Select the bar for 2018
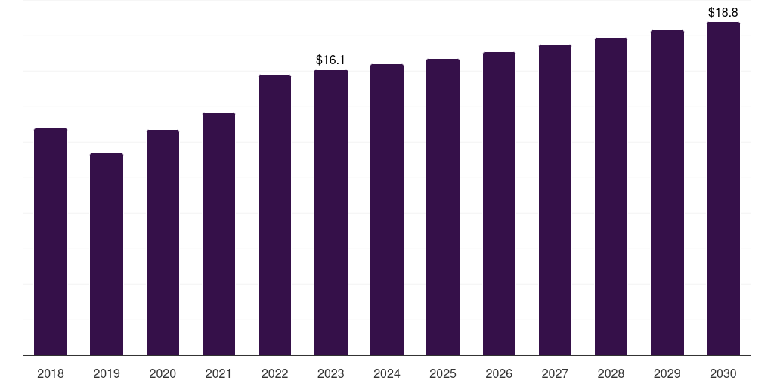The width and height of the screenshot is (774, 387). [x=51, y=242]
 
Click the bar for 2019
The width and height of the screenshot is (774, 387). [x=107, y=254]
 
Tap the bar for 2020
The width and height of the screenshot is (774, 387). [x=163, y=243]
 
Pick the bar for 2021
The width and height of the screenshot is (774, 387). [x=218, y=234]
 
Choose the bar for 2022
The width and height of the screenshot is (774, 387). [x=274, y=215]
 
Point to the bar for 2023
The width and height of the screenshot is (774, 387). [x=331, y=212]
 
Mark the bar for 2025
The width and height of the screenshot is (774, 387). [x=443, y=207]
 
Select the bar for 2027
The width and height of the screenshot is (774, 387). [x=555, y=200]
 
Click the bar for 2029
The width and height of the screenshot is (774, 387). [x=667, y=193]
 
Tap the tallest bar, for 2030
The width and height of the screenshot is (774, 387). [x=723, y=188]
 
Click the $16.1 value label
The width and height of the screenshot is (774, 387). [x=331, y=60]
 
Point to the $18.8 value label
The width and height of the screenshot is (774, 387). [x=723, y=12]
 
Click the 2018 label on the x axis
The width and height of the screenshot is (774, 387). [x=51, y=373]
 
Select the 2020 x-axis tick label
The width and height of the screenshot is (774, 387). [x=163, y=373]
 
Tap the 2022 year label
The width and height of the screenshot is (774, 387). [x=274, y=373]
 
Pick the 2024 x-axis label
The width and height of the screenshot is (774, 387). [x=387, y=373]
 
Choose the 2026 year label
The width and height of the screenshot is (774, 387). [x=499, y=373]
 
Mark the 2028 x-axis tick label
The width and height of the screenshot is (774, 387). [x=611, y=373]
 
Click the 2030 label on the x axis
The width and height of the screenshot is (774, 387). [x=723, y=373]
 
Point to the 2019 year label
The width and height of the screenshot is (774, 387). [x=107, y=373]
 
